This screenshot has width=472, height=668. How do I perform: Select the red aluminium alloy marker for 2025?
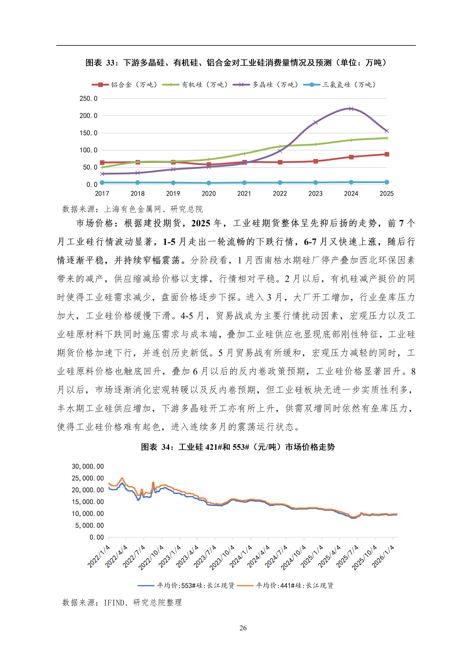386,154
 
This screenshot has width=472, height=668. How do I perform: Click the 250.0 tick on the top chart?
88,99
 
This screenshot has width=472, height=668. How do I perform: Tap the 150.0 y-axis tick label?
88,133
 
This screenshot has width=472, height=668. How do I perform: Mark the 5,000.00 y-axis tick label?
89,525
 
